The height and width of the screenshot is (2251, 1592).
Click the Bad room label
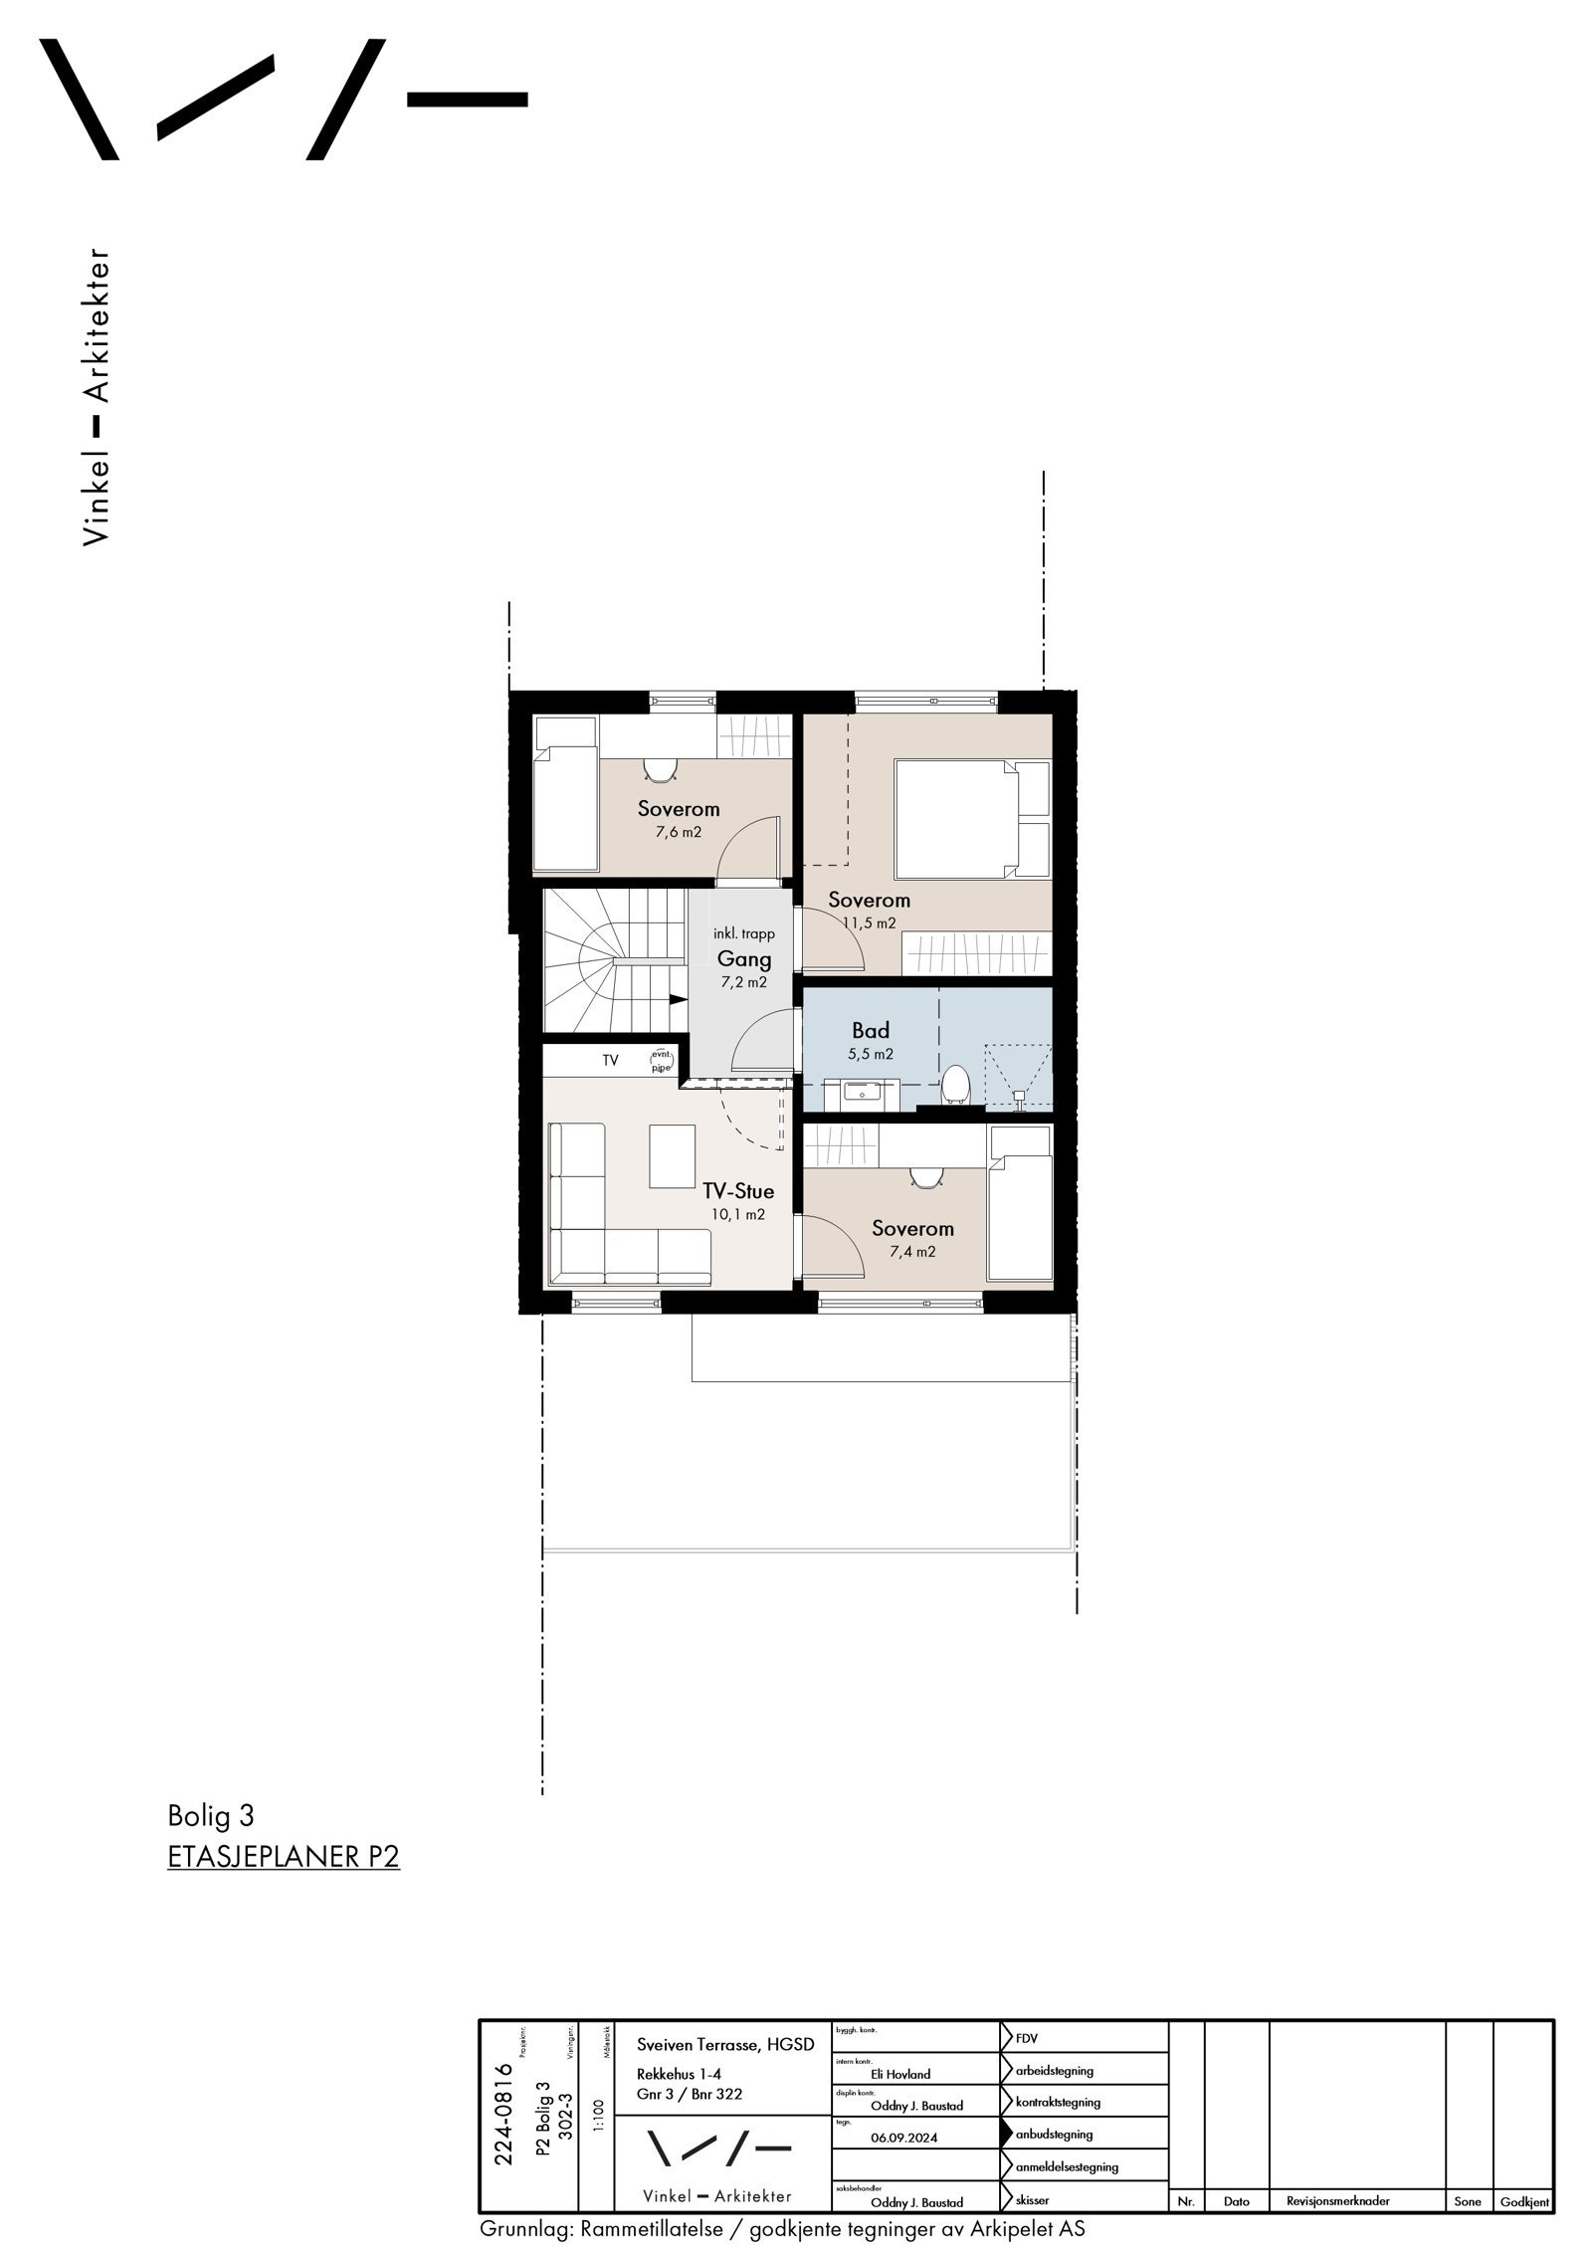click(870, 1030)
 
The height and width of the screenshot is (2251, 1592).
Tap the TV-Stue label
click(737, 1191)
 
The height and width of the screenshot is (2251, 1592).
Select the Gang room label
click(744, 959)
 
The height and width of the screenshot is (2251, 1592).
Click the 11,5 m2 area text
click(869, 922)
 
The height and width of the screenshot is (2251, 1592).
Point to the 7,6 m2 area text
click(678, 832)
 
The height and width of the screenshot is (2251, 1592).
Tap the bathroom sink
click(858, 1092)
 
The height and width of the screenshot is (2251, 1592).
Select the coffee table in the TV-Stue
click(673, 1155)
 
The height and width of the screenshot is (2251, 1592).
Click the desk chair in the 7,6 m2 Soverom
click(659, 769)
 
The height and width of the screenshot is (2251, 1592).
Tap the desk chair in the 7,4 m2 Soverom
click(925, 1177)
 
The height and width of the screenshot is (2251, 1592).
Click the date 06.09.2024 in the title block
click(903, 2138)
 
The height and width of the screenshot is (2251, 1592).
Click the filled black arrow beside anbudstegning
click(1007, 2134)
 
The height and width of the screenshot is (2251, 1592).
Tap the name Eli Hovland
click(900, 2075)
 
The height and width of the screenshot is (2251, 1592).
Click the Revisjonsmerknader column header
click(1337, 2201)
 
